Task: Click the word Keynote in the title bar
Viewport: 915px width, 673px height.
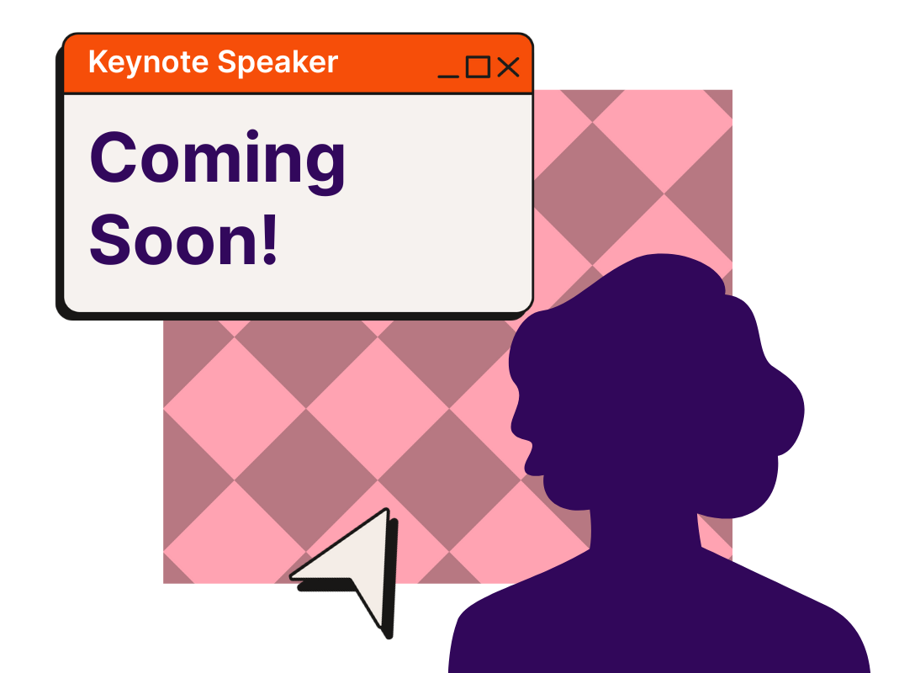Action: pyautogui.click(x=148, y=62)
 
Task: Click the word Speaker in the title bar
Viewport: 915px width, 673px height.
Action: pyautogui.click(x=278, y=62)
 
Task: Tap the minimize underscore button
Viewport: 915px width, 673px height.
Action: pyautogui.click(x=448, y=76)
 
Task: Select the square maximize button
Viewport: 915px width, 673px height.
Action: pyautogui.click(x=478, y=66)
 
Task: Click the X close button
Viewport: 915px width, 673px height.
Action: pyautogui.click(x=508, y=66)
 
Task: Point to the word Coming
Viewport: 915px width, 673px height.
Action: pyautogui.click(x=217, y=162)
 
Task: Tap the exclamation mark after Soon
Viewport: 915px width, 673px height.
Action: pyautogui.click(x=270, y=239)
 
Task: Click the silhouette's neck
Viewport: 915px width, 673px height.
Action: pyautogui.click(x=644, y=528)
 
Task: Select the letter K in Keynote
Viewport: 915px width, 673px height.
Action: pyautogui.click(x=98, y=61)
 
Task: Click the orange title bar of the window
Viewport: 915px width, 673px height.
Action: pyautogui.click(x=298, y=64)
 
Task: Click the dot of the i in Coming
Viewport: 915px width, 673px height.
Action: pyautogui.click(x=252, y=135)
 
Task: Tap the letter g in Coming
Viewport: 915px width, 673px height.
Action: pyautogui.click(x=325, y=167)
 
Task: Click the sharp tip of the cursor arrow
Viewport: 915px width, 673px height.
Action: pyautogui.click(x=386, y=510)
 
